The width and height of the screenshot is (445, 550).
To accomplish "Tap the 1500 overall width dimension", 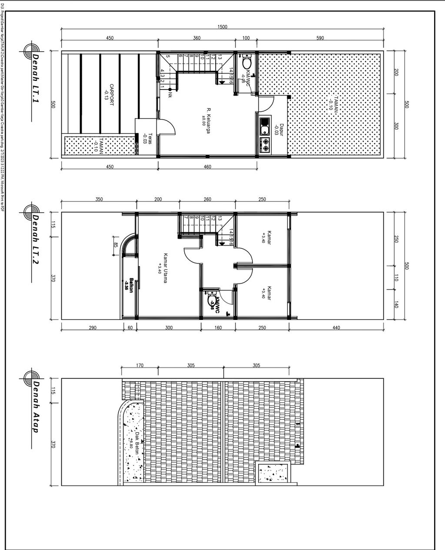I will click(222, 27).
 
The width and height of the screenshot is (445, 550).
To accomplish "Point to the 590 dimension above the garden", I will click(320, 38).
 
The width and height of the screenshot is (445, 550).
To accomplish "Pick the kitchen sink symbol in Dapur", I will click(264, 128).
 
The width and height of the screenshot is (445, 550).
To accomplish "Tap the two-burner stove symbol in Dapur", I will click(265, 144).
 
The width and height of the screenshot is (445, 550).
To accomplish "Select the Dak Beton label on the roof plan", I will click(134, 443).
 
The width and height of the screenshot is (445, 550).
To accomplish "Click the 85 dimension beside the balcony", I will click(115, 245).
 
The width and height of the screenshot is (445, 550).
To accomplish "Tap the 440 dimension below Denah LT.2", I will click(336, 327).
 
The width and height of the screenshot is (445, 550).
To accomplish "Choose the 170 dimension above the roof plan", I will click(139, 366).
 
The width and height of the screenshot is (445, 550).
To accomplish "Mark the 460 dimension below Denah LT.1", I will click(207, 167).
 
